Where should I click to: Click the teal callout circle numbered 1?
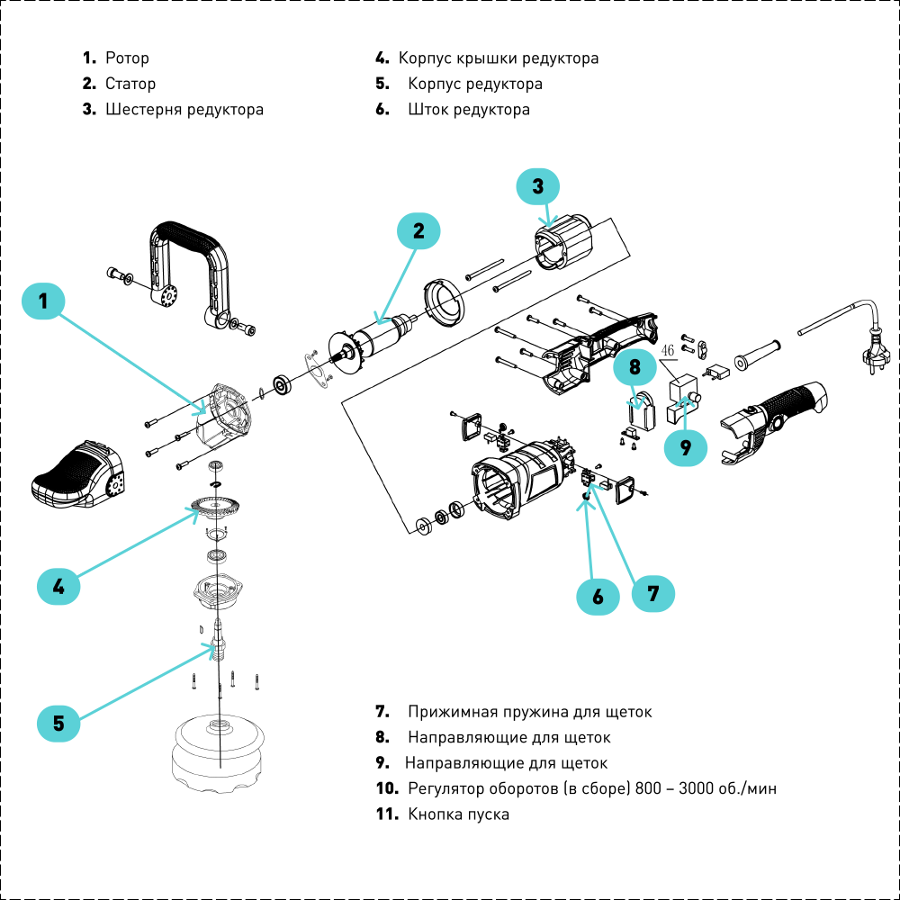[43, 301]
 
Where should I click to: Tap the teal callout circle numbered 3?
[538, 186]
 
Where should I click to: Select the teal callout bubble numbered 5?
[58, 723]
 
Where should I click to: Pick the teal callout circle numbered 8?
[634, 367]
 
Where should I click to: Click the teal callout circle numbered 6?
[598, 597]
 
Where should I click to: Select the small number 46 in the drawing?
[668, 350]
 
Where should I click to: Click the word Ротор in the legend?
[128, 58]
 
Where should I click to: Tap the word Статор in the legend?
[130, 84]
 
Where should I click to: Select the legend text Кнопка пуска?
[459, 814]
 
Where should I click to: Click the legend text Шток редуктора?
[469, 109]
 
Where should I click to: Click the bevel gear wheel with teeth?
[215, 506]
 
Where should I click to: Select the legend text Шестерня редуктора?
[184, 109]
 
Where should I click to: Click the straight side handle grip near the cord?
[758, 355]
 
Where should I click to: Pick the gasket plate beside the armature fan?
[319, 368]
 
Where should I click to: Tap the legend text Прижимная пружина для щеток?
[530, 712]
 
